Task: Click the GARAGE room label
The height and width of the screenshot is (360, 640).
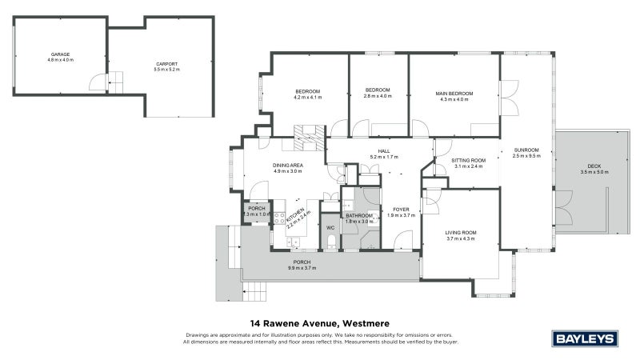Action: coord(61,54)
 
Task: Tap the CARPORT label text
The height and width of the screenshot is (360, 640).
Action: coord(166,64)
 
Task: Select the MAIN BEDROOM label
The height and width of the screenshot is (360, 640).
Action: coord(454,94)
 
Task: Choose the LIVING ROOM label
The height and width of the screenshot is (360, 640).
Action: coord(461,233)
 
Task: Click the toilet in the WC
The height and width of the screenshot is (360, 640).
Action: coord(330,240)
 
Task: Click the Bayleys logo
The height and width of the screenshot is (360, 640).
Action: coord(586,338)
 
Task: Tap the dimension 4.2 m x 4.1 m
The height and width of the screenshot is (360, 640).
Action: coord(308,98)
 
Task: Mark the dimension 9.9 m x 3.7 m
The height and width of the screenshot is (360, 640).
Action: coord(302,268)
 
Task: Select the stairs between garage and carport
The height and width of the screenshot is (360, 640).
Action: coord(116,80)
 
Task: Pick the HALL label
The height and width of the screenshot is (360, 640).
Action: coord(383,150)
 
